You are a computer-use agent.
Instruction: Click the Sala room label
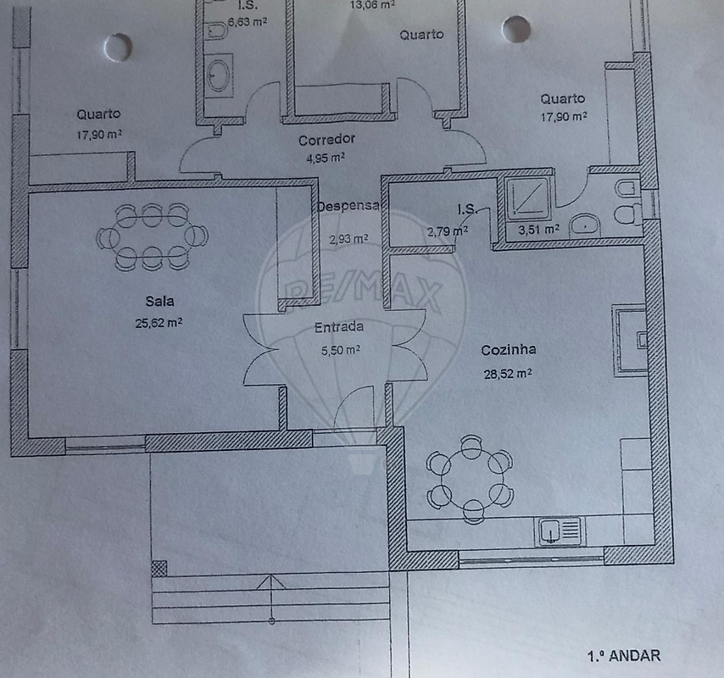click(x=159, y=302)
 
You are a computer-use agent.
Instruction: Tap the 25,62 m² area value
click(x=159, y=323)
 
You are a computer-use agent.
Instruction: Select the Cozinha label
click(x=509, y=350)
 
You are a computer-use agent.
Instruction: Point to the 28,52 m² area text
click(x=508, y=374)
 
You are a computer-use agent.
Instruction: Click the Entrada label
click(x=339, y=327)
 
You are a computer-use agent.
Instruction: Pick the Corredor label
click(x=326, y=140)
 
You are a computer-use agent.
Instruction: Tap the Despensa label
click(x=348, y=206)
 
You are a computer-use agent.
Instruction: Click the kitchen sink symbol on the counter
click(x=560, y=531)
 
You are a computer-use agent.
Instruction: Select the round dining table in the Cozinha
click(x=469, y=479)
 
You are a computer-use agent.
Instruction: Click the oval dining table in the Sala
click(x=152, y=236)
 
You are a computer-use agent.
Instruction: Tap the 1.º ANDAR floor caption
click(x=624, y=656)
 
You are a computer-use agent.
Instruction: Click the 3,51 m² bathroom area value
click(x=539, y=230)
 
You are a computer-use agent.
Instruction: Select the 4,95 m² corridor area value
click(x=326, y=158)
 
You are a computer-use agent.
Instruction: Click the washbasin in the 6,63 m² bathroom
click(x=218, y=75)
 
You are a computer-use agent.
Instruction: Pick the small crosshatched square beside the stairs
click(x=159, y=569)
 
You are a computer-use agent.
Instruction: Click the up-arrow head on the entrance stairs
click(x=271, y=582)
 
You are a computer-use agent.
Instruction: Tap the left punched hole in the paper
click(x=118, y=47)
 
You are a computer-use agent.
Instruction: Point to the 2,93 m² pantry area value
click(x=348, y=239)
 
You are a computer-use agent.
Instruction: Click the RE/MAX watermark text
click(x=363, y=293)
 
